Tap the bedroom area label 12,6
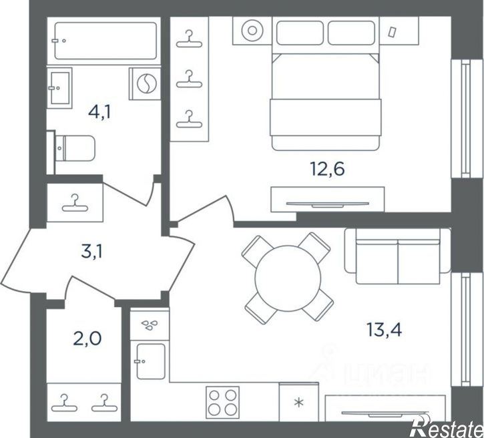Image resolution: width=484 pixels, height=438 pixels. click(327, 169)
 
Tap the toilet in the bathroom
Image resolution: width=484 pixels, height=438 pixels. click(74, 148)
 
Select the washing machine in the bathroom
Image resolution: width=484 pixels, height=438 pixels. click(145, 83)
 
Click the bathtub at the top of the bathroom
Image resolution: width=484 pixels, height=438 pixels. click(105, 41)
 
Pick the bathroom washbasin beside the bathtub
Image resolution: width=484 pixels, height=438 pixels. click(59, 88)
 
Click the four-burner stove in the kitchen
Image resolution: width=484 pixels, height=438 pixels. click(222, 401)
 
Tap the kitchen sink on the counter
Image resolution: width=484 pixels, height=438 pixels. click(150, 361)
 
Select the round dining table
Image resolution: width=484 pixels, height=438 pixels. click(288, 278)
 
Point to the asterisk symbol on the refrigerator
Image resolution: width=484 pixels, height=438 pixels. click(298, 403)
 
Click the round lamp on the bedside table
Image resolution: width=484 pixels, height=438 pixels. click(252, 30)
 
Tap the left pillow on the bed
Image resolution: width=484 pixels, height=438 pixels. click(300, 33)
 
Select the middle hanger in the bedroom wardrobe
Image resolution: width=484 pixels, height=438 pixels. click(189, 79)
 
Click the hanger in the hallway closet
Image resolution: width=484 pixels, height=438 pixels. click(75, 204)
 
